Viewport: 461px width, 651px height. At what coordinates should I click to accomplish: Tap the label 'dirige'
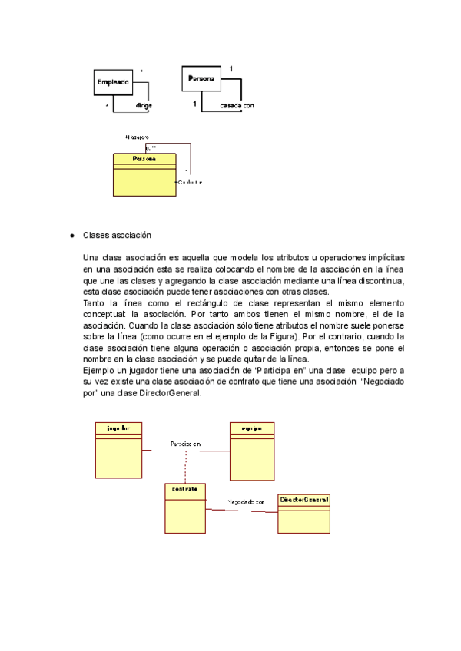click(x=143, y=104)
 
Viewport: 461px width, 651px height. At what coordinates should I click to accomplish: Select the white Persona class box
click(x=201, y=78)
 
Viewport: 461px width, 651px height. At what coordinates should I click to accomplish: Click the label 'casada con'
click(x=237, y=104)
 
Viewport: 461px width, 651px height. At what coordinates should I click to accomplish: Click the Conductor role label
click(x=191, y=183)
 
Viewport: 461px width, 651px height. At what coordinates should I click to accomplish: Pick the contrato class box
click(x=185, y=507)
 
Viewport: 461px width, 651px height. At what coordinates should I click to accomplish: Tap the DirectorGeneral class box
click(x=304, y=512)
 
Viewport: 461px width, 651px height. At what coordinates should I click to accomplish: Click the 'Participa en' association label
click(x=185, y=444)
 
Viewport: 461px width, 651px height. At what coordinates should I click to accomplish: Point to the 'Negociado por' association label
click(x=245, y=502)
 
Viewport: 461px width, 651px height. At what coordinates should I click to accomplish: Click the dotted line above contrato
click(x=185, y=465)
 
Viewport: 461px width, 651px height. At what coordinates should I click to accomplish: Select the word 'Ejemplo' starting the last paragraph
click(x=98, y=371)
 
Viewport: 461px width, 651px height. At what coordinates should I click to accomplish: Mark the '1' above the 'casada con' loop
click(x=230, y=70)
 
